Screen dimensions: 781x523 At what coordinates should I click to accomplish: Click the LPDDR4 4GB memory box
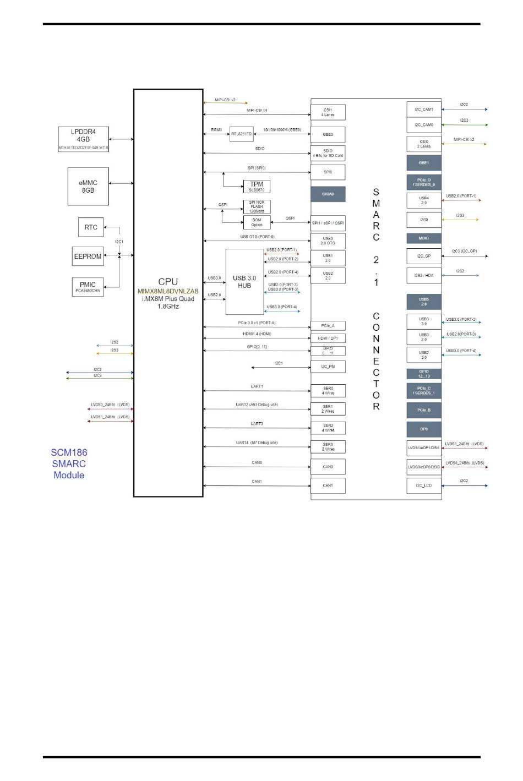point(84,139)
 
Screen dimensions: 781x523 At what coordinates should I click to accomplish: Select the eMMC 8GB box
point(88,187)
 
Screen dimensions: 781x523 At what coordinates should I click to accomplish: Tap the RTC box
point(91,227)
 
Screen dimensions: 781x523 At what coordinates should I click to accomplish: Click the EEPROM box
point(88,256)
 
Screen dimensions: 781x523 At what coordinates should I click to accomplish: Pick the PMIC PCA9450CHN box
point(88,287)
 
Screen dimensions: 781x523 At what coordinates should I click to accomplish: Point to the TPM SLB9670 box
point(257,187)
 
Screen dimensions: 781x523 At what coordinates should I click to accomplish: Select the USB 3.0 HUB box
point(244,282)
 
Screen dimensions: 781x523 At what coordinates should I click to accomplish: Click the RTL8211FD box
point(241,134)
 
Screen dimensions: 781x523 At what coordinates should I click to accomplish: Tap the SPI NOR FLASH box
point(257,206)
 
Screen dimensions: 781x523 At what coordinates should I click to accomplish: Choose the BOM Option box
point(257,222)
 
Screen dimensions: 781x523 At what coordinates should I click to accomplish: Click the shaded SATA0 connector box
point(328,194)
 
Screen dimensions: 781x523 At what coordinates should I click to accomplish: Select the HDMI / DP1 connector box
point(328,338)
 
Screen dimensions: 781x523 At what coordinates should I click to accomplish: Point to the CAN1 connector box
point(328,485)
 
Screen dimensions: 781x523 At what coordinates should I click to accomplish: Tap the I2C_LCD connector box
point(424,485)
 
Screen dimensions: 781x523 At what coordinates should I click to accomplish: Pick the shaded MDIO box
point(424,238)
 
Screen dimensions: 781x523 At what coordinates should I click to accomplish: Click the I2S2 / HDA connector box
point(424,275)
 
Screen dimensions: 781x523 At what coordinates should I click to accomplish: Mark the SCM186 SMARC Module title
point(69,463)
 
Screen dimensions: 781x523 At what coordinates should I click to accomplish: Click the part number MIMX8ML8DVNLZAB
point(168,291)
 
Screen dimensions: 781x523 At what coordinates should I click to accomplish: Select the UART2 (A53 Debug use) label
point(257,405)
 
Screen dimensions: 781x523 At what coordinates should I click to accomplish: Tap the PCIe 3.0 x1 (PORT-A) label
point(257,323)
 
